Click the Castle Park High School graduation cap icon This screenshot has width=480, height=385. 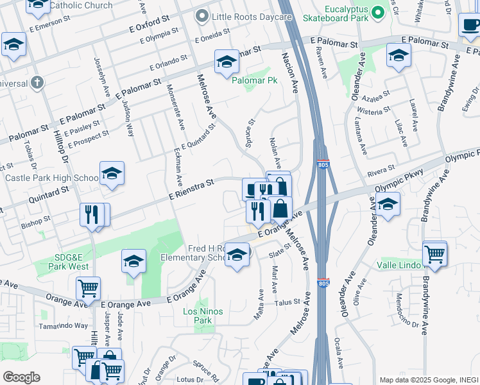[112, 174]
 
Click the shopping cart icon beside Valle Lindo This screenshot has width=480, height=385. [435, 253]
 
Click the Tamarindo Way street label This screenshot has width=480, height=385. [63, 325]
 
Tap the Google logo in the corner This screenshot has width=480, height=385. [21, 377]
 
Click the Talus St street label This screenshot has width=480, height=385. [287, 302]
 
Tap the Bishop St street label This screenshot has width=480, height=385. [35, 221]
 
